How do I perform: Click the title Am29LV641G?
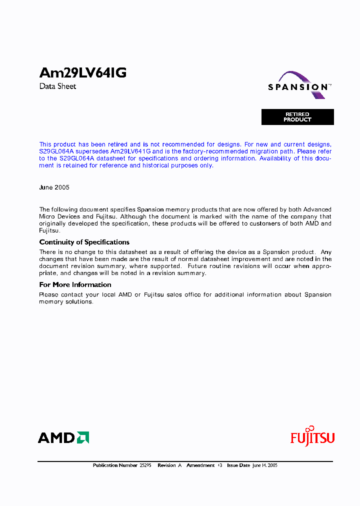[82, 73]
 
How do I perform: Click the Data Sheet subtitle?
[57, 86]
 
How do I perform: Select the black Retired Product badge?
[297, 117]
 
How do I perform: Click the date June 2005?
[54, 187]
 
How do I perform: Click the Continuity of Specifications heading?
[84, 242]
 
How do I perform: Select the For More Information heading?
[75, 285]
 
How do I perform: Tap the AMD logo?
[63, 438]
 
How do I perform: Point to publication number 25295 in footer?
[144, 465]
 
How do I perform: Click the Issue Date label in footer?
[238, 465]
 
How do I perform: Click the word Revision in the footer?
[166, 465]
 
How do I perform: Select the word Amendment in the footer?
[200, 465]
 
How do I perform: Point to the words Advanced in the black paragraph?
[317, 209]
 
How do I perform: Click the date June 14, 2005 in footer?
[264, 465]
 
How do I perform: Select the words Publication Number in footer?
[114, 465]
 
